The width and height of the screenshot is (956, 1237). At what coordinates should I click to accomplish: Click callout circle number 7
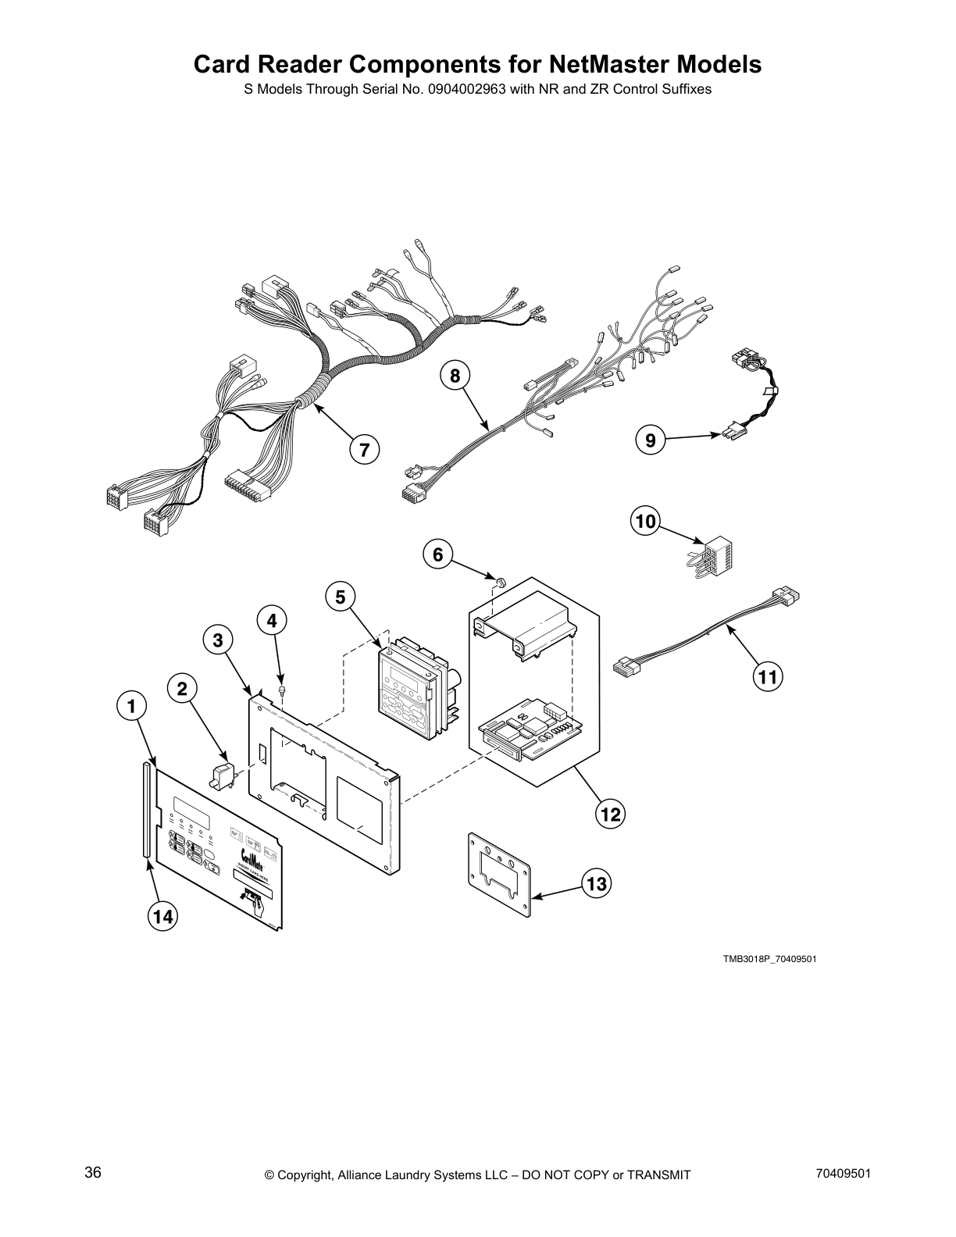click(x=363, y=449)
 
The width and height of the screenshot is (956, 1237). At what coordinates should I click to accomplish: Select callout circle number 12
click(x=610, y=815)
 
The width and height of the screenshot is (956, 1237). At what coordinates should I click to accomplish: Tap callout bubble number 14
click(x=162, y=917)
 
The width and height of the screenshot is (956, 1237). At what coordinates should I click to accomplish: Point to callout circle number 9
click(x=650, y=440)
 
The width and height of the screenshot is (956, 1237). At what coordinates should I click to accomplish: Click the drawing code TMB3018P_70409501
click(x=769, y=959)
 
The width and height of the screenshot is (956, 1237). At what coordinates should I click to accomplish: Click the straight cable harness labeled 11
click(x=707, y=629)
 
